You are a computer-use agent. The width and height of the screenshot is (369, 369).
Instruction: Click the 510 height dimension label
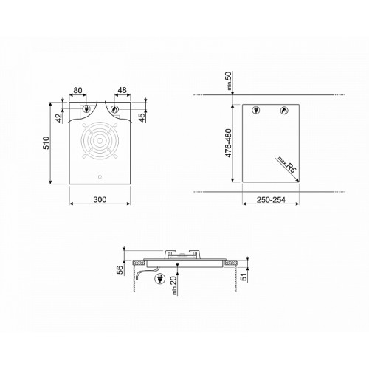(46, 143)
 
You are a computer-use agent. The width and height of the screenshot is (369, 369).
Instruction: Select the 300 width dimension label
(100, 199)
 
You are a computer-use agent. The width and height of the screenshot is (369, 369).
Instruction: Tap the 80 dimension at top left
(77, 90)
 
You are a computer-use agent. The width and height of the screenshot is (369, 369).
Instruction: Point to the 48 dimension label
(123, 90)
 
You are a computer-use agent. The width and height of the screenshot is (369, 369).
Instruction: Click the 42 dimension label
(59, 118)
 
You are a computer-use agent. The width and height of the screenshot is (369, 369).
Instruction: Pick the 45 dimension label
(142, 118)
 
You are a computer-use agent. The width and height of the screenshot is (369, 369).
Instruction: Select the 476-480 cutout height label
(228, 143)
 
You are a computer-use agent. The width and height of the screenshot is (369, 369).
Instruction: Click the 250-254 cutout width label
(271, 200)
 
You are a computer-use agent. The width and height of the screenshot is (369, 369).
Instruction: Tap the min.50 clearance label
(229, 80)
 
